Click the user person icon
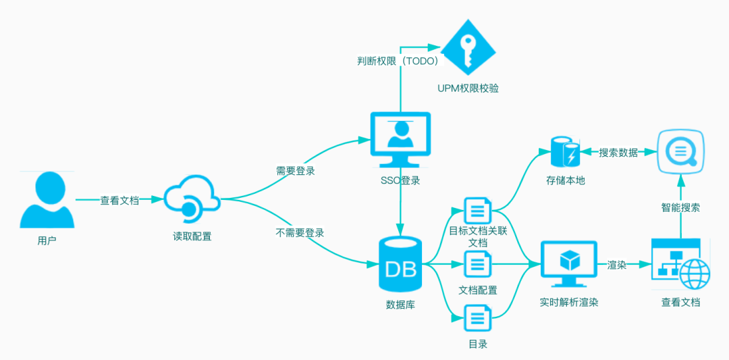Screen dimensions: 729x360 tap(47, 200)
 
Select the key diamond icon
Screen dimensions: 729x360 tap(468, 49)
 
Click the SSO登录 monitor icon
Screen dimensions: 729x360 tap(400, 140)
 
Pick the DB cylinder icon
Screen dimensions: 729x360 tap(400, 263)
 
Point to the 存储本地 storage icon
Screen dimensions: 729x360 tap(565, 151)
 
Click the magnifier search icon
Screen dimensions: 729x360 tap(680, 151)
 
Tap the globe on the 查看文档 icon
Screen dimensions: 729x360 tap(695, 274)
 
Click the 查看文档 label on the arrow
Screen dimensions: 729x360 tap(119, 201)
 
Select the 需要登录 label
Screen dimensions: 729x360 tap(296, 171)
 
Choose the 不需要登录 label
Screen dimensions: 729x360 tap(300, 232)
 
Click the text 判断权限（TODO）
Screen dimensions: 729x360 tap(395, 61)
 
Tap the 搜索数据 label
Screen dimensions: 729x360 tap(618, 152)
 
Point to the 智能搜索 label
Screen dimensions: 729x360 tap(680, 207)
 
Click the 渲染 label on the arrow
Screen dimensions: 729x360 tap(617, 265)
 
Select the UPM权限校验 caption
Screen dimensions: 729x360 tap(468, 88)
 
